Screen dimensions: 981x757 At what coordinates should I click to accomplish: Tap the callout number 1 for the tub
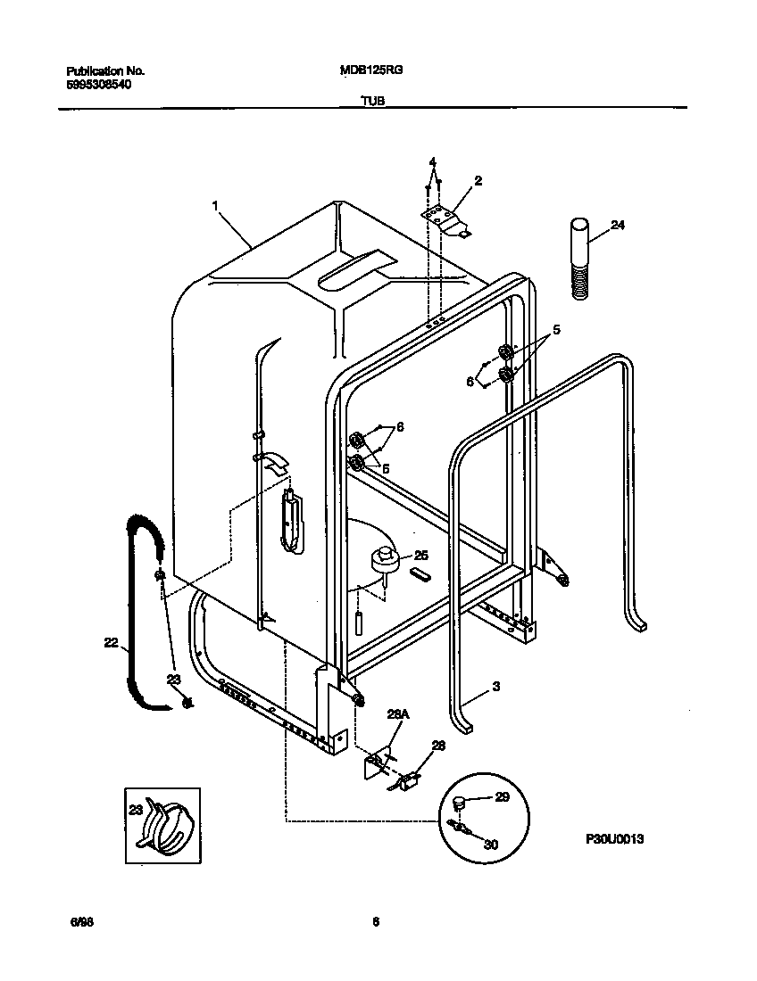click(x=215, y=206)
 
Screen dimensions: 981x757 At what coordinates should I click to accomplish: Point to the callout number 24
click(x=618, y=226)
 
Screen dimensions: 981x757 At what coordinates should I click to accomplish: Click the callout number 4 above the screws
click(x=432, y=162)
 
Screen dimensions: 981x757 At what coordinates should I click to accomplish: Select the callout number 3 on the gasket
click(x=496, y=688)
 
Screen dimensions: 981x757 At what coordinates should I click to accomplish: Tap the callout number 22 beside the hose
click(x=111, y=641)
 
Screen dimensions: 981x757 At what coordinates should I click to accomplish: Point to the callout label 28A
click(x=396, y=714)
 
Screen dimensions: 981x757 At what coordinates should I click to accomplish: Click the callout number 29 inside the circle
click(x=502, y=797)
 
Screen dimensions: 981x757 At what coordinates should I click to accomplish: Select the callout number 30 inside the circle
click(x=491, y=845)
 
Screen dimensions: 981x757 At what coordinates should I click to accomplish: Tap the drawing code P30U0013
click(x=615, y=839)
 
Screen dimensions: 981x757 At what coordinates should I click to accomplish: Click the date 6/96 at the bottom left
click(x=82, y=923)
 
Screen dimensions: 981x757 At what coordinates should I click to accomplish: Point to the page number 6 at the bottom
click(x=376, y=923)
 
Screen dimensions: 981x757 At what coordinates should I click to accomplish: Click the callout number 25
click(x=421, y=555)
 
